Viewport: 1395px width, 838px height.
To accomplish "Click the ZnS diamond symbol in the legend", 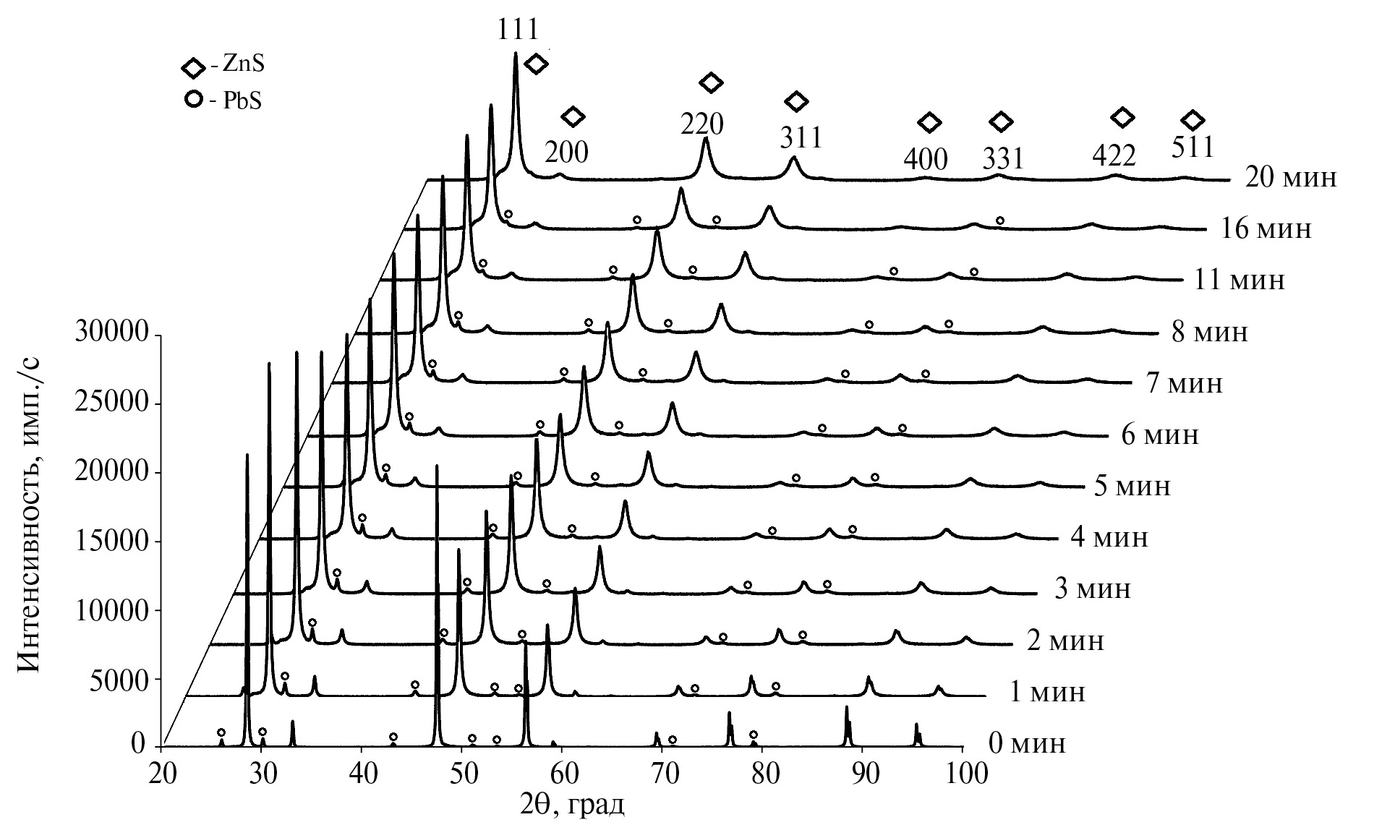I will pyautogui.click(x=193, y=69).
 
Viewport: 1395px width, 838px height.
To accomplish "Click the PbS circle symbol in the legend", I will pyautogui.click(x=193, y=101).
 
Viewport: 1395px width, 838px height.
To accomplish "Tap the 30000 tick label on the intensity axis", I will pyautogui.click(x=111, y=335).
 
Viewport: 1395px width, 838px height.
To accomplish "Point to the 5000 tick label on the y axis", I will pyautogui.click(x=119, y=680).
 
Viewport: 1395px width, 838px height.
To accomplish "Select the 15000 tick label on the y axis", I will pyautogui.click(x=111, y=542).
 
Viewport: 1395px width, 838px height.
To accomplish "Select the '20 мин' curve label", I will pyautogui.click(x=1291, y=178).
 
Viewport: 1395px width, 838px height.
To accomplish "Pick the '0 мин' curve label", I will pyautogui.click(x=1026, y=743).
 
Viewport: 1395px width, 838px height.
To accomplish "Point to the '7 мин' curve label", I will pyautogui.click(x=1184, y=382).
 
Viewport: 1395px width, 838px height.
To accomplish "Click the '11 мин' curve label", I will pyautogui.click(x=1236, y=279).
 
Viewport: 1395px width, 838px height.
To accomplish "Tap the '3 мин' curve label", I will pyautogui.click(x=1092, y=589).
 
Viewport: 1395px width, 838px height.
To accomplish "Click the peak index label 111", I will pyautogui.click(x=518, y=30).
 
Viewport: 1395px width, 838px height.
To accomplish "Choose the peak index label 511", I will pyautogui.click(x=1192, y=148).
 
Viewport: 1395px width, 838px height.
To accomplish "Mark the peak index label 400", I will pyautogui.click(x=926, y=160).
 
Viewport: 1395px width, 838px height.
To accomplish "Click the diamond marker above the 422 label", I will pyautogui.click(x=1122, y=117).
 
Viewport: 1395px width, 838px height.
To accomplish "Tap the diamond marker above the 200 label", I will pyautogui.click(x=573, y=116).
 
